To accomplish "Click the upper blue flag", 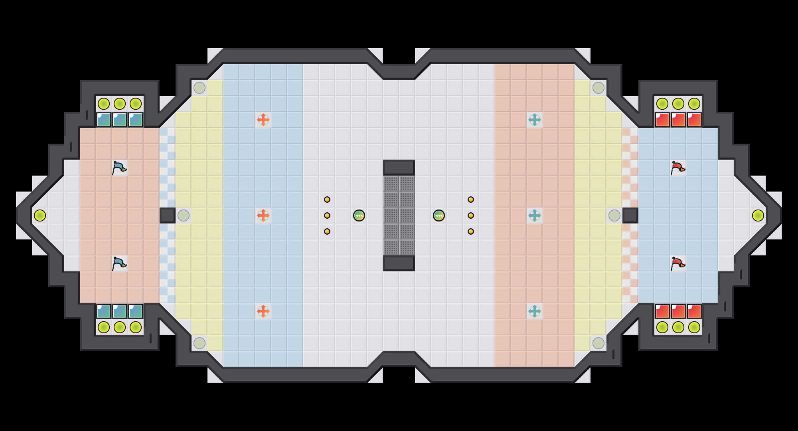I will [119, 168].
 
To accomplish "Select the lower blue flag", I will [119, 263].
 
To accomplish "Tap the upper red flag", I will [678, 168].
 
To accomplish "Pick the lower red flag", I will [678, 263].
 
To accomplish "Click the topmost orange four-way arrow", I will [263, 119].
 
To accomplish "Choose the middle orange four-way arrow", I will [263, 215].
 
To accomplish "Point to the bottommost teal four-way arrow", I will [534, 311].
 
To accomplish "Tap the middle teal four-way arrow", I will [534, 215].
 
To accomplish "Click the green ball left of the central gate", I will [359, 215].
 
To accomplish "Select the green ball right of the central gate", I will [439, 215].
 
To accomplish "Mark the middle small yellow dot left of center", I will [327, 215].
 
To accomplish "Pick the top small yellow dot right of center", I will [471, 200].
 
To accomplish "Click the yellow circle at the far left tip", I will [40, 215].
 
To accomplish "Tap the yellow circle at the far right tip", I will [758, 215].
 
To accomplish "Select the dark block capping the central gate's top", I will [399, 168].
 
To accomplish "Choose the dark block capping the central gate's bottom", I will [399, 263].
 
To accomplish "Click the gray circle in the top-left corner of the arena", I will [199, 88].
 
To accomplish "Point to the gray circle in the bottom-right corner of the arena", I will [598, 343].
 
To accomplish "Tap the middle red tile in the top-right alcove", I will [678, 120].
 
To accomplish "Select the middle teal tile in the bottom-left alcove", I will [120, 311].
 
